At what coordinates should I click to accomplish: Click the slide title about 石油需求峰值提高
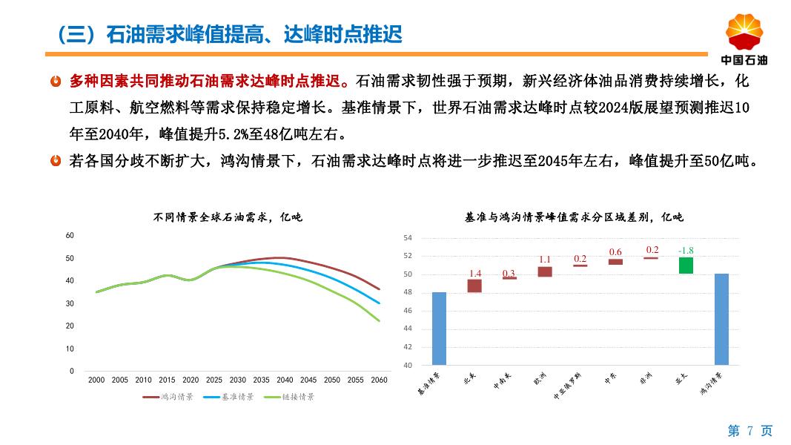point(229,34)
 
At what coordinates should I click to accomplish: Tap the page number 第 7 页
point(749,431)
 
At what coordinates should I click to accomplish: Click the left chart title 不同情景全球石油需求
point(228,217)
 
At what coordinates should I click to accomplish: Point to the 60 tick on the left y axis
point(70,236)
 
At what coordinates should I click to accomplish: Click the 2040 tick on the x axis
point(285,380)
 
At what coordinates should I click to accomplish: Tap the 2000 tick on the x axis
point(96,380)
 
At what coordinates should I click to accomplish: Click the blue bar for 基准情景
point(439,328)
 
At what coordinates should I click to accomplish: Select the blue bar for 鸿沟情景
point(721,319)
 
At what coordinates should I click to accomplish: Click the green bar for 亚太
point(686,266)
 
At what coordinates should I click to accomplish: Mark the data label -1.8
point(686,251)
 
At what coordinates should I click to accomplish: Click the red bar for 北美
point(474,286)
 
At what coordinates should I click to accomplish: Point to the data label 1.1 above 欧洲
point(545,260)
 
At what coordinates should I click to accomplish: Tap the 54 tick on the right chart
point(407,238)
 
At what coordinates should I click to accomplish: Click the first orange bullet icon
point(56,80)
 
